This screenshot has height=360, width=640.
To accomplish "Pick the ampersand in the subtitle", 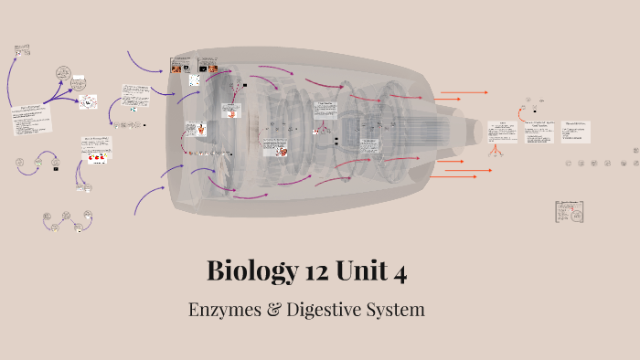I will tap(272, 310).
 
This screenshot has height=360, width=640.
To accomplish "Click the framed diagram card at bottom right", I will tap(569, 212).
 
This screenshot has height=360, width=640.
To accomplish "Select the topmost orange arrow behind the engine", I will tap(462, 93).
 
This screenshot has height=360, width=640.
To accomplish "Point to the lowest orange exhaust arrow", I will tap(462, 171).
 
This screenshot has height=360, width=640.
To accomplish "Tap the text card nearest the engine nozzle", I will tap(501, 132).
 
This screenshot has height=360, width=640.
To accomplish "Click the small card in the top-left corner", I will tap(24, 47).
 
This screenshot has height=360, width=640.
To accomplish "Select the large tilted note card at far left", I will tap(32, 119).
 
